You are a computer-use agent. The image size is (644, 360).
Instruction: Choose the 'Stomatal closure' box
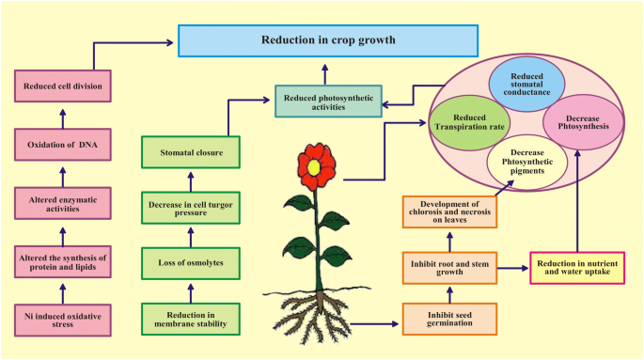pos(190,151)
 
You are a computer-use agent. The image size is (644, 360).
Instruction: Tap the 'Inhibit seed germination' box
pos(449,320)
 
